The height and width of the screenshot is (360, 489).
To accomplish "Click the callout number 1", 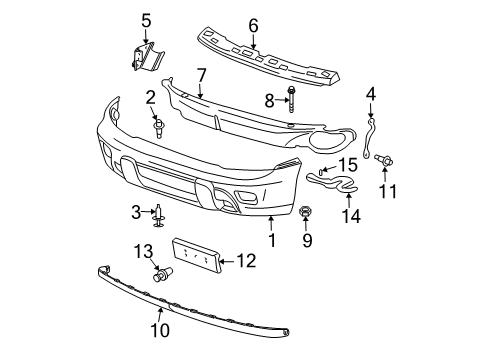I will click(x=272, y=240).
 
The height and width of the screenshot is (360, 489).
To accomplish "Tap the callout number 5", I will click(x=145, y=20).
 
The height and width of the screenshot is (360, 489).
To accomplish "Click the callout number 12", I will click(x=246, y=262).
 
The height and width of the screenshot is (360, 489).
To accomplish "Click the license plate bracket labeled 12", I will click(x=196, y=255).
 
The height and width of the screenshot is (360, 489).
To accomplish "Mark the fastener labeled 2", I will click(x=157, y=127).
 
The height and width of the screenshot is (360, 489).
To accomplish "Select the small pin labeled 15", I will click(x=322, y=173).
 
